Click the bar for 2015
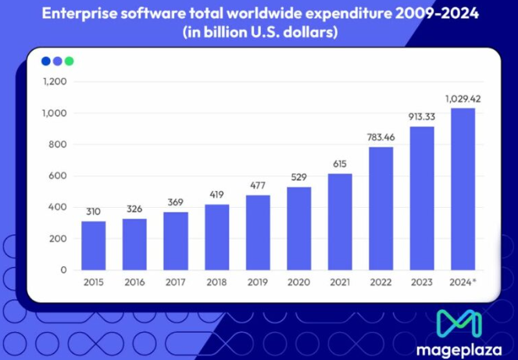94,245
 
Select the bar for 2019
258,232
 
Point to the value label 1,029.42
462,98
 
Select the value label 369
176,202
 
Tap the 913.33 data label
421,117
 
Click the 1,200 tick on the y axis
55,82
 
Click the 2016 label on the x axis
134,282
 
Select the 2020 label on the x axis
298,282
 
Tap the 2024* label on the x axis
463,282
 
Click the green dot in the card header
69,61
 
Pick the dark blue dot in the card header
45,61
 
